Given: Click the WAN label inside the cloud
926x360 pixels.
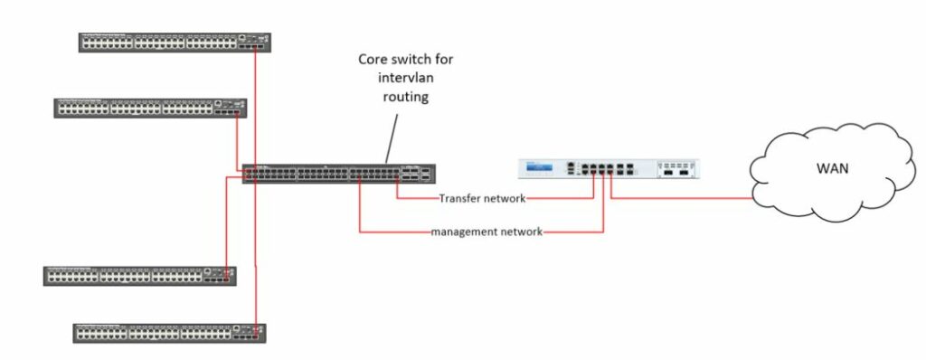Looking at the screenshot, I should (831, 167).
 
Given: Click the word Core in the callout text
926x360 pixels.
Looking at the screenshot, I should (374, 60).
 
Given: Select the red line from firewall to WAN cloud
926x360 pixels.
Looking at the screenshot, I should (687, 198).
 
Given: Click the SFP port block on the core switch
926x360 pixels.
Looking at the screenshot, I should (417, 174).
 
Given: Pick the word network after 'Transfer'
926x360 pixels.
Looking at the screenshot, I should (505, 198).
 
